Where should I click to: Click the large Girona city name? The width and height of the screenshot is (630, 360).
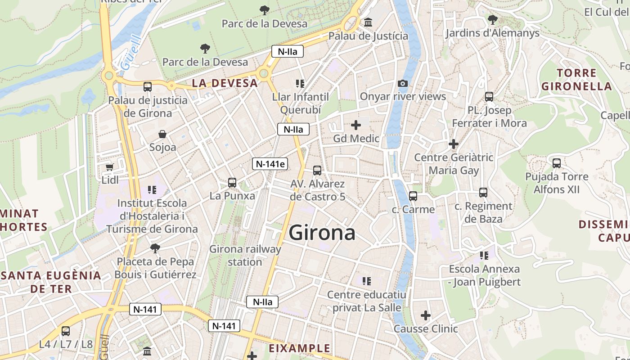pos(322,233)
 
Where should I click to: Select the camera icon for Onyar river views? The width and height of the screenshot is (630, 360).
pos(403,83)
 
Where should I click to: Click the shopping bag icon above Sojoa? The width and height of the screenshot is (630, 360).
pos(162,134)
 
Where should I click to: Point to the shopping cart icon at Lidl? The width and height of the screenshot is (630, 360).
pos(109,167)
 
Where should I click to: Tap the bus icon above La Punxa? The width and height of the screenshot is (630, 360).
pos(232,182)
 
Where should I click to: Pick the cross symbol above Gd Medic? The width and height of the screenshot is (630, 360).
pos(356,125)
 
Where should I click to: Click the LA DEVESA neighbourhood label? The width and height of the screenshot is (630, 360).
pos(225,83)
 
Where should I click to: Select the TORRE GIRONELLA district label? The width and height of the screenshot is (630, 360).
pos(576,80)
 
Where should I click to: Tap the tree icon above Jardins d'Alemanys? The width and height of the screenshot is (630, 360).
pos(492,20)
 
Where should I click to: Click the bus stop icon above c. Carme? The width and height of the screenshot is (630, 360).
pos(413,196)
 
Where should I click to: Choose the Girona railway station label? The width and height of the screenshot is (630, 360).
pos(245,255)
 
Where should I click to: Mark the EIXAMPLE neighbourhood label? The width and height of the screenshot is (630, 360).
pos(299,348)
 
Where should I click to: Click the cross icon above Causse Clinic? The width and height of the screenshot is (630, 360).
pos(425,315)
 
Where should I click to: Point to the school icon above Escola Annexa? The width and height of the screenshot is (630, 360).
pos(484,256)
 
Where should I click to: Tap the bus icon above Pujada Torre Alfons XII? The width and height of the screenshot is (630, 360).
pos(557,163)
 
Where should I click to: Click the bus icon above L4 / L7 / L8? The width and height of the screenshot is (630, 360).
pos(66,331)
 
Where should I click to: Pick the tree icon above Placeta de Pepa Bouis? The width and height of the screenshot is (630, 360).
pos(155,248)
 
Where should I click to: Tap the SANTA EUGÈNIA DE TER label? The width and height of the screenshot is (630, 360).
pos(51,282)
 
